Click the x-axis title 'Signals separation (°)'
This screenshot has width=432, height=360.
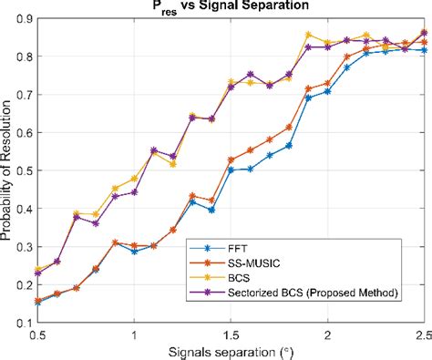pos(230,351)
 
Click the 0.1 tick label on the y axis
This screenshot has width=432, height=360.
pos(24,322)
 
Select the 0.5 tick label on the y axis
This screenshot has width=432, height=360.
pos(24,170)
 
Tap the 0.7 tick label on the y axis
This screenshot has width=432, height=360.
pos(24,94)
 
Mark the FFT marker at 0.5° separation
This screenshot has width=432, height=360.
pos(37,302)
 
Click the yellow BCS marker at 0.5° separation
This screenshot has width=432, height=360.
pos(37,269)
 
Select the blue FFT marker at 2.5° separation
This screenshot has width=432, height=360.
pos(424,50)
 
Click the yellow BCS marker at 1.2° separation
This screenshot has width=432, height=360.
pos(173,164)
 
